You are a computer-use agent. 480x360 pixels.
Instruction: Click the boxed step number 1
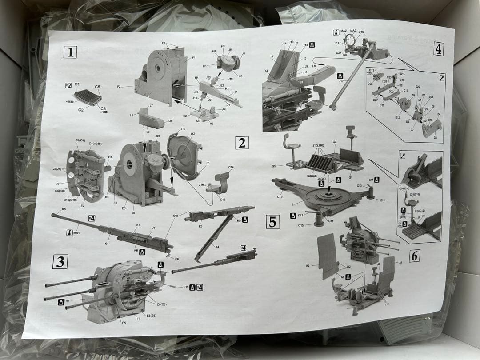click(70, 52)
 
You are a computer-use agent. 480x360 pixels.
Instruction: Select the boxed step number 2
click(242, 143)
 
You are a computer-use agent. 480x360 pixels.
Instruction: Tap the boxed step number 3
click(60, 262)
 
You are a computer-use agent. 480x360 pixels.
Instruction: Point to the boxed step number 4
click(438, 49)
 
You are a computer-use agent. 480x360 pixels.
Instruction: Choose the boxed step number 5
click(272, 221)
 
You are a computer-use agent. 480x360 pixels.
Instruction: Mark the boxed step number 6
click(414, 256)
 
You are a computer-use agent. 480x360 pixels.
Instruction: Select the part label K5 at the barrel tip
click(64, 209)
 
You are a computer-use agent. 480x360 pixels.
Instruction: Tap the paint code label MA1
click(76, 232)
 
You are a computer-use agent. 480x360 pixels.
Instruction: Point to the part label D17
click(338, 43)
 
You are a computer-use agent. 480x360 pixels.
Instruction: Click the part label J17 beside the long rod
click(341, 81)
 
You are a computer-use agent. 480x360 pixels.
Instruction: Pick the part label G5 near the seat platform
click(274, 166)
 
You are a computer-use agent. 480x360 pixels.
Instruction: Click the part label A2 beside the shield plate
click(308, 266)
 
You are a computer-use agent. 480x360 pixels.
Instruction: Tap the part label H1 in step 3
click(68, 301)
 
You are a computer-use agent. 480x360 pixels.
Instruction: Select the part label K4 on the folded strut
click(217, 247)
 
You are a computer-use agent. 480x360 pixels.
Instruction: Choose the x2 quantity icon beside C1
click(68, 85)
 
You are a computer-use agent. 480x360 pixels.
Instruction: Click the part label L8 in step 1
click(170, 121)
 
